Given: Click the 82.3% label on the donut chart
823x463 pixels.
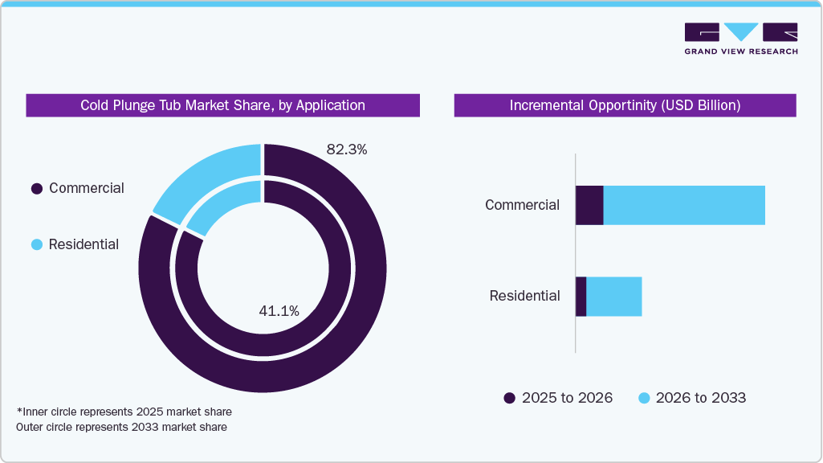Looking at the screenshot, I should [346, 149].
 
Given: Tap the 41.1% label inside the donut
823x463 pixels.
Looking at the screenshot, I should [279, 311].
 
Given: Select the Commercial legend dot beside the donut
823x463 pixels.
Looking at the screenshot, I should [36, 189].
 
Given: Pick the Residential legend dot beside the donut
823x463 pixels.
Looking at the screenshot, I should [36, 245].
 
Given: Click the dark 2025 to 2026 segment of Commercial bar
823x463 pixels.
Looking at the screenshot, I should [589, 205].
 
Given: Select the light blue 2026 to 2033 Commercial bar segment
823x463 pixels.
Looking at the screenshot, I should [683, 205].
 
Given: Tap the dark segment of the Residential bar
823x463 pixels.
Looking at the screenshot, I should [581, 296].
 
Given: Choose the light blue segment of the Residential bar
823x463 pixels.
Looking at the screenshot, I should [614, 296].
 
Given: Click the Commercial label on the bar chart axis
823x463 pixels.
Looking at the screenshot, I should [522, 205].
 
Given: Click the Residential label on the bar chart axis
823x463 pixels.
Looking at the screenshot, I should [524, 296].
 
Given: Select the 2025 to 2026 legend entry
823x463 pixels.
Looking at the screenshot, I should [558, 398].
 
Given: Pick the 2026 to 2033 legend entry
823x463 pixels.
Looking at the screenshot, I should [692, 398].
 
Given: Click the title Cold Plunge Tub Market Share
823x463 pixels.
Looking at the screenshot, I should [222, 105].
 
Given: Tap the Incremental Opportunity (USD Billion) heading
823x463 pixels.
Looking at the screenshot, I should [625, 105].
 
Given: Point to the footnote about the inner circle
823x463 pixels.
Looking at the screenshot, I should [124, 412].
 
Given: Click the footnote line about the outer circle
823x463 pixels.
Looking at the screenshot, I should [121, 428].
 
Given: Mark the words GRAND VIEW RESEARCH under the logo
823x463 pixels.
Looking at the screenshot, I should [740, 51].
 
